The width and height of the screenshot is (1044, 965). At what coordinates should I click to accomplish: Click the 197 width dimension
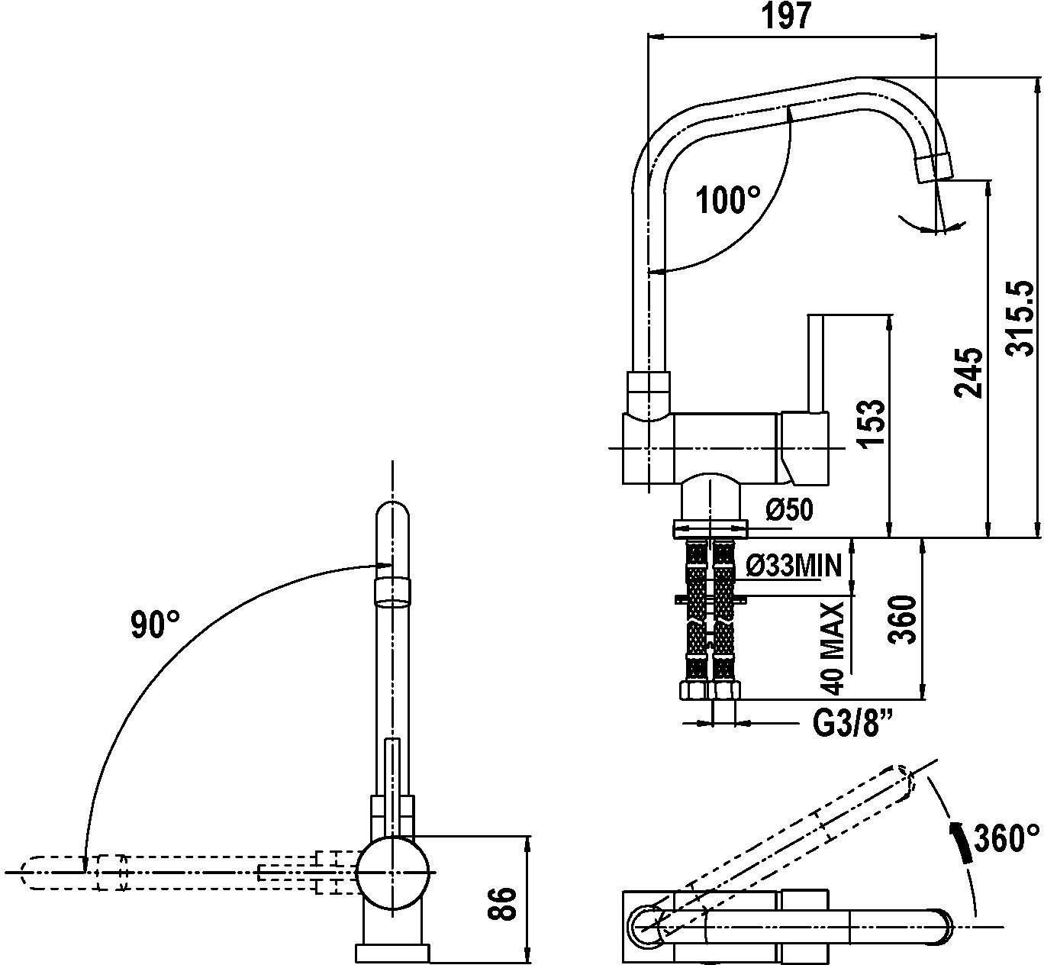point(786,16)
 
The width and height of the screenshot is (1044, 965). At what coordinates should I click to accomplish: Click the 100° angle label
point(729,200)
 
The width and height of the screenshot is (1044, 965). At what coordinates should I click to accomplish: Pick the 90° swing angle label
point(156,625)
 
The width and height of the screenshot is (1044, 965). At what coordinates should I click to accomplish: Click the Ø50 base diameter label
point(790,509)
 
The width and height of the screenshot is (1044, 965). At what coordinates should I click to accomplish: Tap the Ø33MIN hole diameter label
point(793,566)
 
